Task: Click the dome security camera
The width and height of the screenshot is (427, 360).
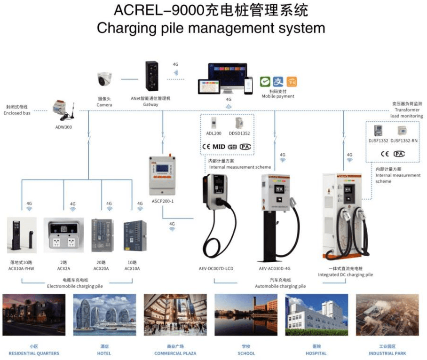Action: [x=104, y=79]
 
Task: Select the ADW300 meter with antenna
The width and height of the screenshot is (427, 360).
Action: [x=63, y=111]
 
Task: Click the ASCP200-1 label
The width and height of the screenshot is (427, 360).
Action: [x=163, y=201]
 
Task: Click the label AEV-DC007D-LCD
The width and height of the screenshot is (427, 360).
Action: [x=216, y=269]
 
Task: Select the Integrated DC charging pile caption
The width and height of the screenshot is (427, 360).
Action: [x=345, y=274]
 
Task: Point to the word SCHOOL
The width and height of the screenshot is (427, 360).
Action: [x=246, y=353]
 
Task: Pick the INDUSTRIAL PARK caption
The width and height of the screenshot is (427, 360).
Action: [x=387, y=353]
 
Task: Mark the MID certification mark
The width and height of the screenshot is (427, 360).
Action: [x=219, y=147]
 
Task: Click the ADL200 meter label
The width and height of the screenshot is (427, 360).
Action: [x=213, y=133]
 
